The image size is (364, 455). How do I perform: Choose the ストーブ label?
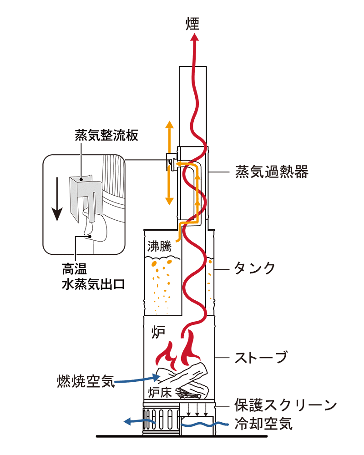(x=261, y=357)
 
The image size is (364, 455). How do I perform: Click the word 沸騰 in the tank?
(x=159, y=247)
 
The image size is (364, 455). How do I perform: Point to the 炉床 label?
(x=160, y=392)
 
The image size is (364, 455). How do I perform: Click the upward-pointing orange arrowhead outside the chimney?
(x=169, y=125)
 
